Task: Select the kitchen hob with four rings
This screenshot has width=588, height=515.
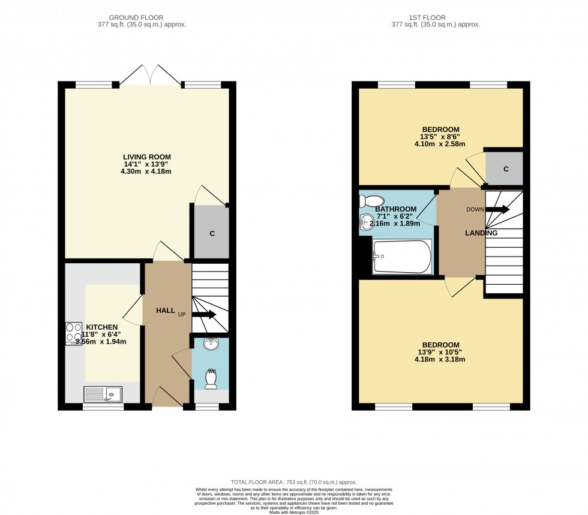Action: click(x=74, y=333)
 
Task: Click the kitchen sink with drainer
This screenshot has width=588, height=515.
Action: click(x=103, y=394)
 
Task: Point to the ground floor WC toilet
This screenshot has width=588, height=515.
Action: click(x=211, y=377)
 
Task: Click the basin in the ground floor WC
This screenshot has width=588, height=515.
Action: click(x=211, y=344)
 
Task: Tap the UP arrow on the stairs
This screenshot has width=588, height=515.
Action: click(x=204, y=314)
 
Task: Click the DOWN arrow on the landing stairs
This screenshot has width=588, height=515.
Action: click(x=497, y=209)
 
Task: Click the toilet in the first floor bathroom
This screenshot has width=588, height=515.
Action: click(x=373, y=201)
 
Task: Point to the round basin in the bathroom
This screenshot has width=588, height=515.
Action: click(x=367, y=222)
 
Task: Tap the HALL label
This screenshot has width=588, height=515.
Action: click(x=166, y=311)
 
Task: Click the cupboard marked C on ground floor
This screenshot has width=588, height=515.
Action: click(x=211, y=233)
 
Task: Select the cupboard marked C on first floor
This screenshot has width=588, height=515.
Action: click(x=505, y=169)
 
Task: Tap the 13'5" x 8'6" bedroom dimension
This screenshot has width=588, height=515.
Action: click(x=440, y=137)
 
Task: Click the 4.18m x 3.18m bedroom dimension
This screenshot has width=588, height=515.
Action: click(x=440, y=360)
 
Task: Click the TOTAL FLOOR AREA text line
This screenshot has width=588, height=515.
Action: click(x=293, y=482)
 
